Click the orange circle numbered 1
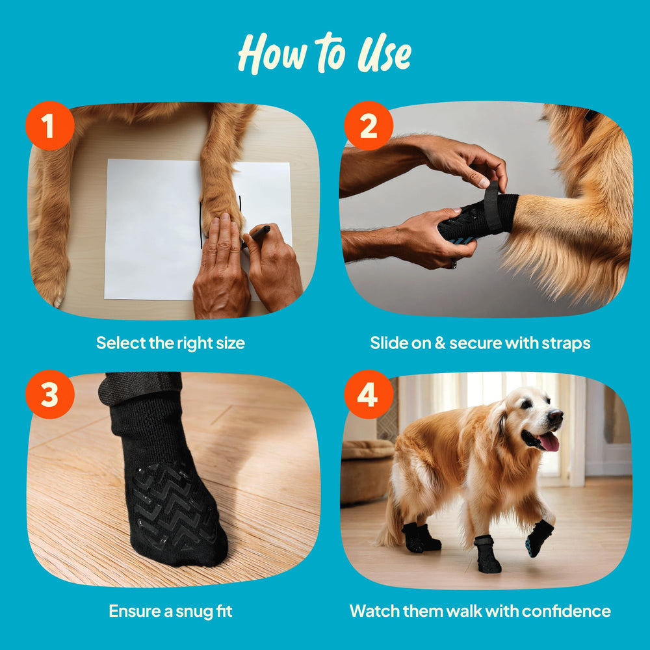pos(49,125)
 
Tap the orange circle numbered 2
pos(368,125)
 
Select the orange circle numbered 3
pos(49,395)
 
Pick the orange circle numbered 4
pos(368,395)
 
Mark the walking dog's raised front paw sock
pos(539,538)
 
